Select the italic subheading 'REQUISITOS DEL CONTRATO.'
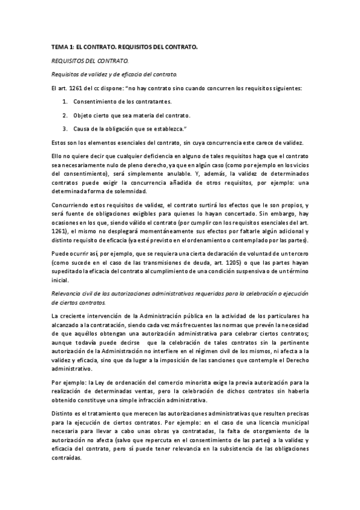tap(82, 61)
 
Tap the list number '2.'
tap(64, 115)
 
